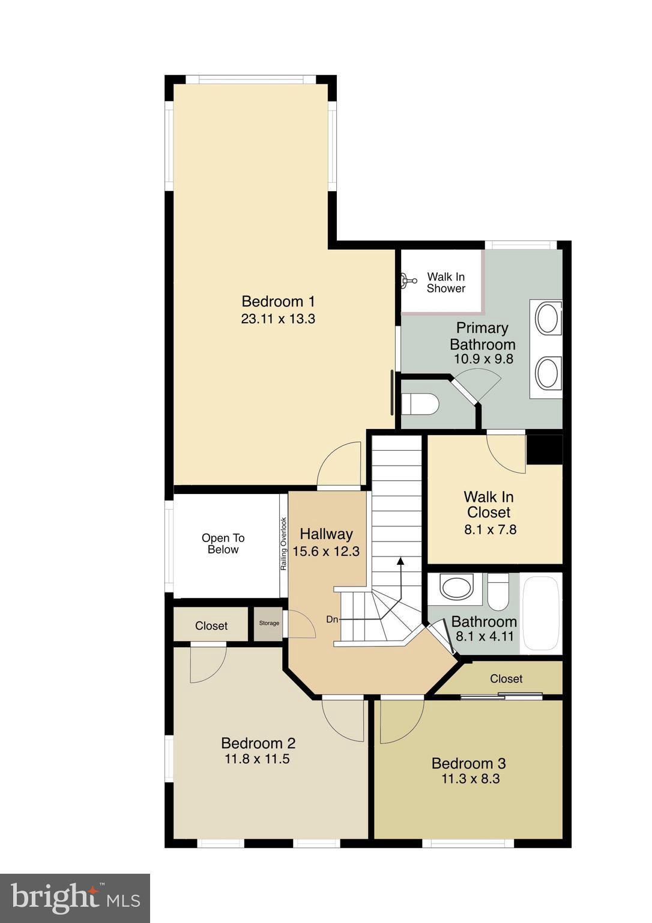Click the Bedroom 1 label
(277, 301)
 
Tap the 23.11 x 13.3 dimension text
(277, 319)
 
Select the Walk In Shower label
(445, 282)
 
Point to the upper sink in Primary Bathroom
(548, 318)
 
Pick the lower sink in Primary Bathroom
(548, 373)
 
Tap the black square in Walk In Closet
(544, 449)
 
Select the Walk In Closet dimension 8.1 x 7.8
(490, 529)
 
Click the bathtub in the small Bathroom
(541, 613)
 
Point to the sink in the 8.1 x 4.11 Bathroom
(456, 587)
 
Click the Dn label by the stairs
(332, 619)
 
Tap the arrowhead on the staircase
(400, 561)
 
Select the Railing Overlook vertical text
(284, 544)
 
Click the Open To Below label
(223, 544)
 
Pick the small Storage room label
(269, 623)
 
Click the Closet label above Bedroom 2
(211, 626)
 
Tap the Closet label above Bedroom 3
(506, 678)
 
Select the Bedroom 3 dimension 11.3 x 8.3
(470, 779)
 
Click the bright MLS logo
(75, 898)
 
